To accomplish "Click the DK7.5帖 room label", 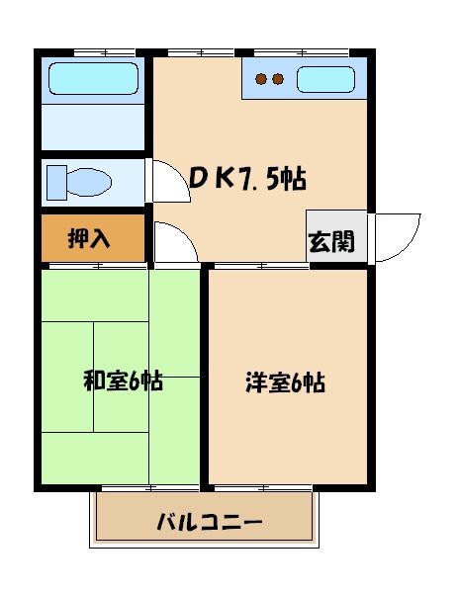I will pos(246,178).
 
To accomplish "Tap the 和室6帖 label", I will pos(123,381).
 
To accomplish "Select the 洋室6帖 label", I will pos(285,382).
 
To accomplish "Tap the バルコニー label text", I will pos(210,522).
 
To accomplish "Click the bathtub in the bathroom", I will pos(93,77).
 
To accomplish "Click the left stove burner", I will pos(261,79).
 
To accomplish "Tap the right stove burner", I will pos(279,79).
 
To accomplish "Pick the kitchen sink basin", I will pos(328,78).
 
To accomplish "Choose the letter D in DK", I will pos(199,177).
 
